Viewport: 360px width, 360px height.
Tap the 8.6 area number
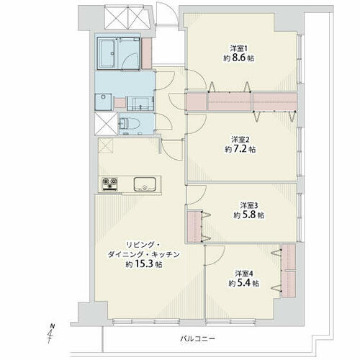(x=239, y=58)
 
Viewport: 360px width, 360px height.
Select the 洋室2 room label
(x=240, y=140)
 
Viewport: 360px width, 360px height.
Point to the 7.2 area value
(x=240, y=149)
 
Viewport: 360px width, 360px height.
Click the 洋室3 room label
(x=249, y=205)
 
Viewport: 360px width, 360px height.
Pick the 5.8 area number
(x=249, y=215)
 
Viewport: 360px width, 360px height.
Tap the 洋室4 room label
(x=244, y=274)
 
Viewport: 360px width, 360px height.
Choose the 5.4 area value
(x=244, y=283)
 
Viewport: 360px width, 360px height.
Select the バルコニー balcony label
(x=197, y=339)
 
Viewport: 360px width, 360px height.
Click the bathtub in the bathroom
(x=107, y=54)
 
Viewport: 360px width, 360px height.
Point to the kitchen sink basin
(x=145, y=184)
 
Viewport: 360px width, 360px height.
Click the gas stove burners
(x=110, y=184)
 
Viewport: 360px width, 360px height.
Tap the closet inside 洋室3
(x=194, y=226)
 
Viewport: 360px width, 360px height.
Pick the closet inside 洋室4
(x=289, y=271)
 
